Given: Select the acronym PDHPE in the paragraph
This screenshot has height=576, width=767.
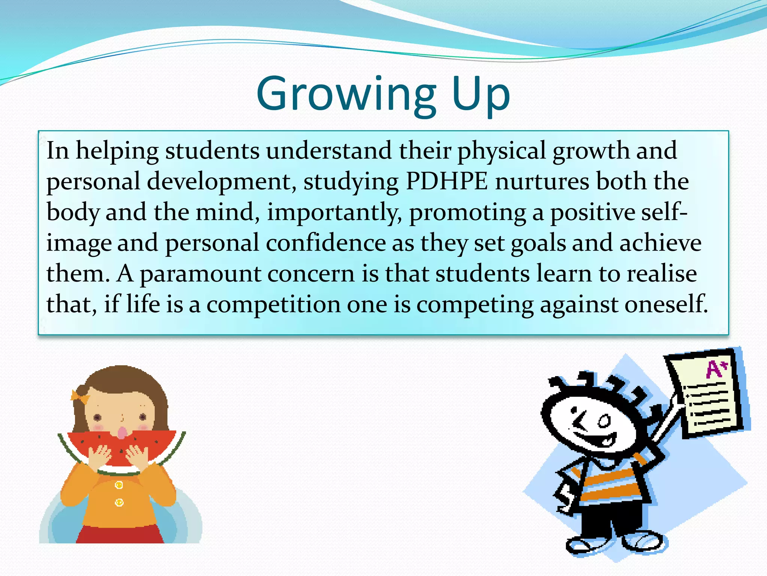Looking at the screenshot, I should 447,181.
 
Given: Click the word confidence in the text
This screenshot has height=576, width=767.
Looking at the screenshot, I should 326,243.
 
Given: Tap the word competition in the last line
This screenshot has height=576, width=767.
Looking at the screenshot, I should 273,304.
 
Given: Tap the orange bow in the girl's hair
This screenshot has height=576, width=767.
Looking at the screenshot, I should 80,396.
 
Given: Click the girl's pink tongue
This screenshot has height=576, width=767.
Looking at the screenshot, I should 122,433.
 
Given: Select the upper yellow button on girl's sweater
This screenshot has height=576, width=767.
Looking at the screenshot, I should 119,485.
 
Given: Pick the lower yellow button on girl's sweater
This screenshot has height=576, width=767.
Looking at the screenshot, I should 119,502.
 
